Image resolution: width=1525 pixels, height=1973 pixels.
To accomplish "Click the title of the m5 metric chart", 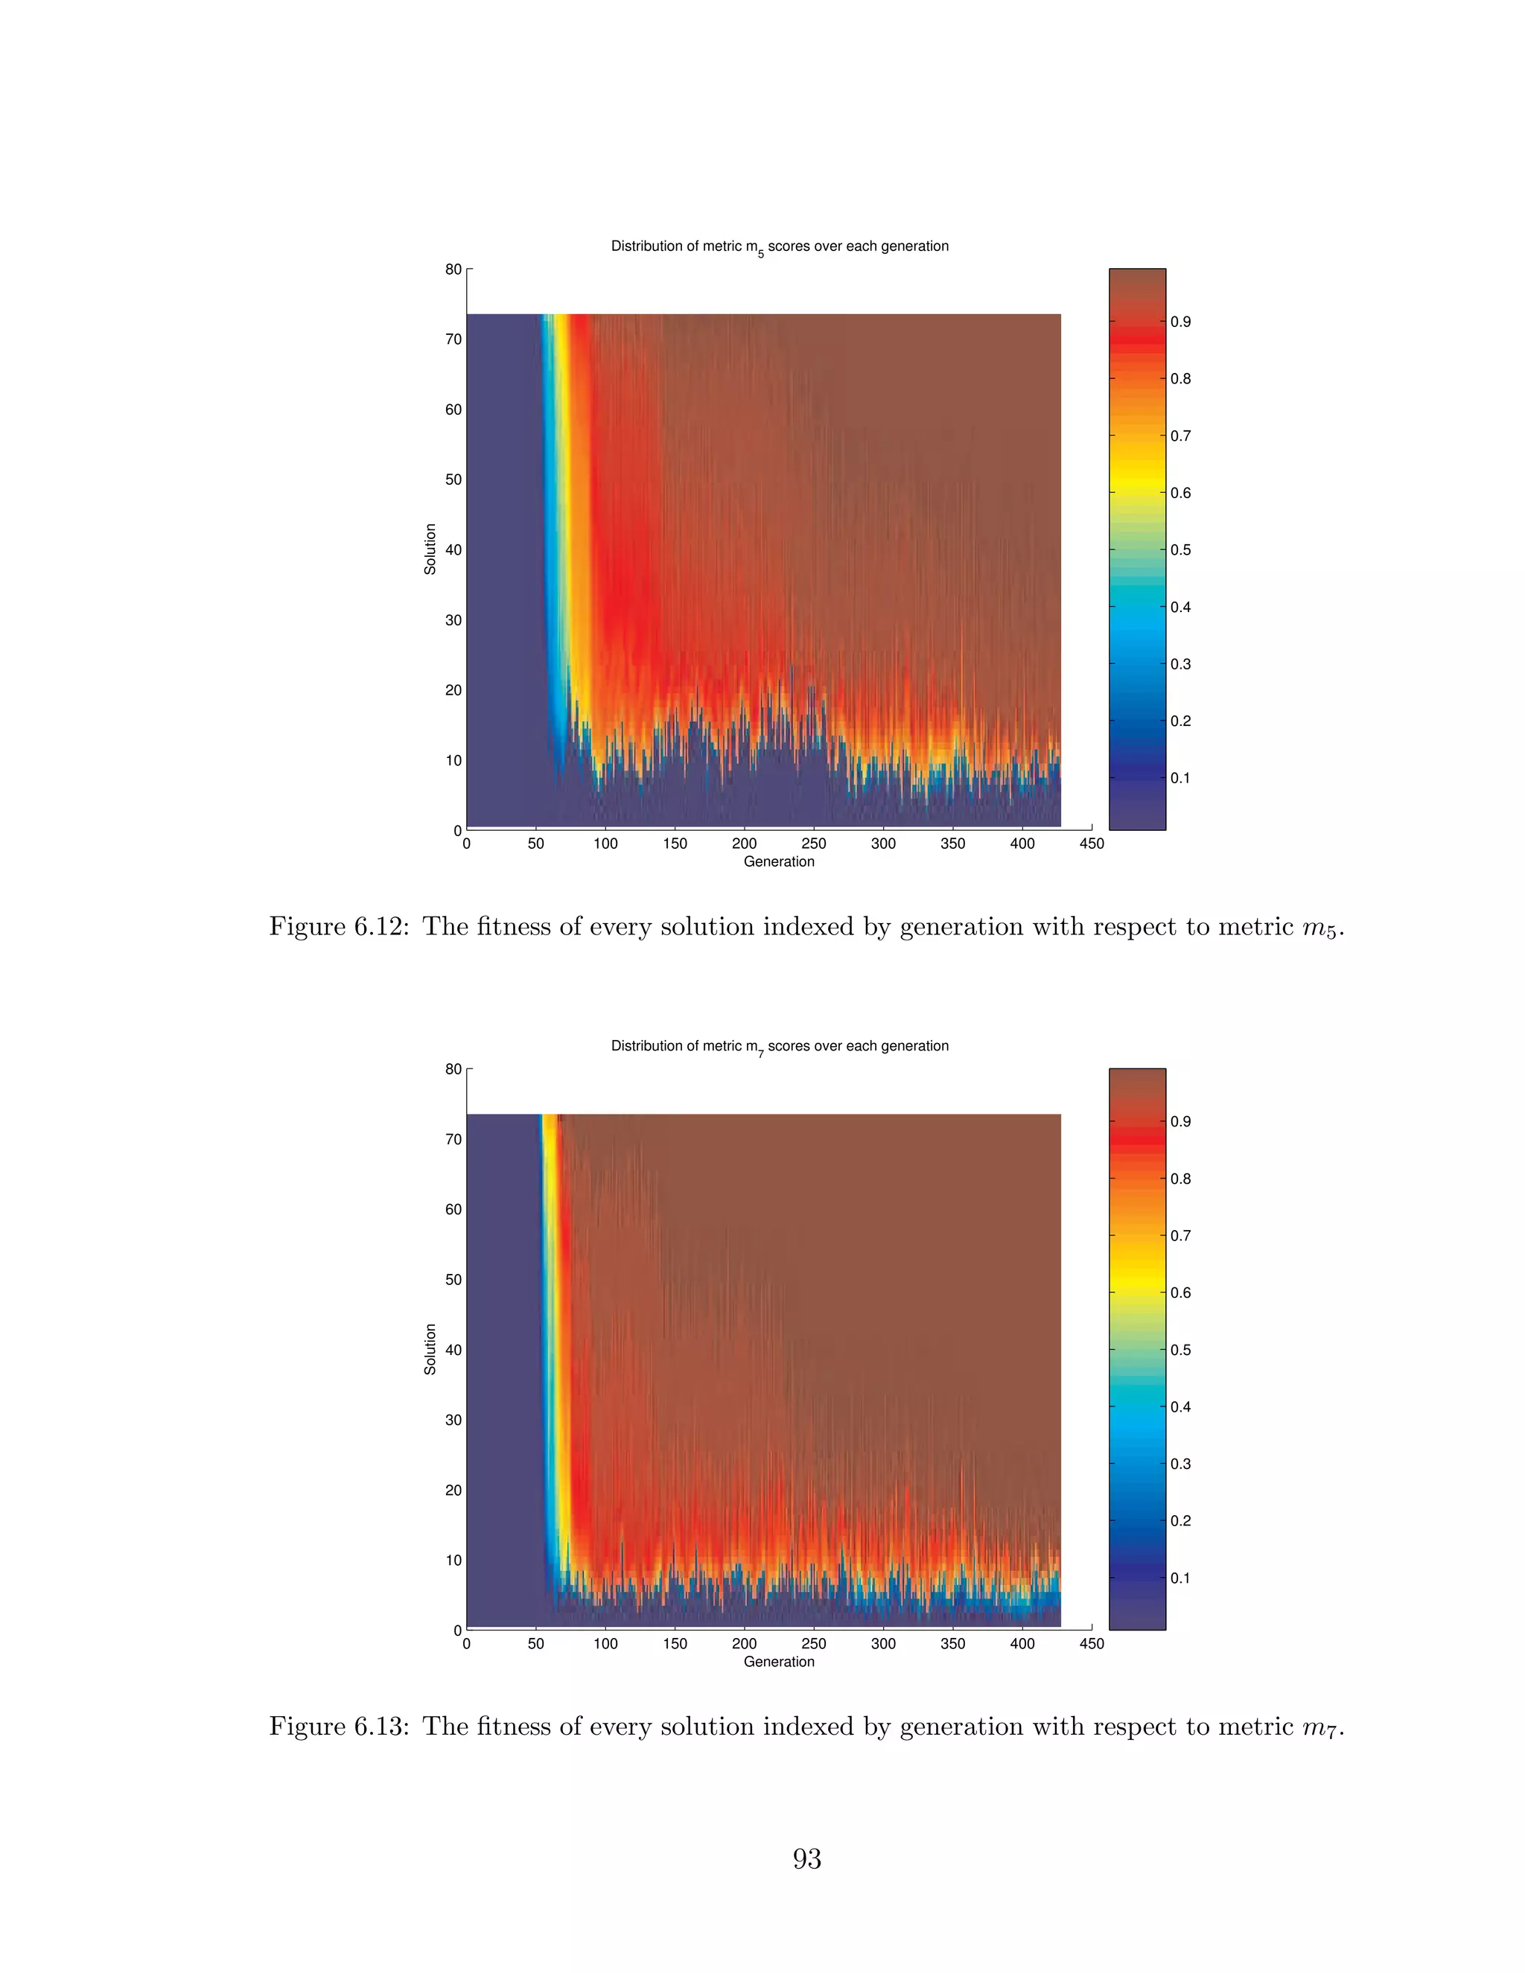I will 779,246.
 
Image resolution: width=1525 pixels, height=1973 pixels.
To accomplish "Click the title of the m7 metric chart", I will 779,1046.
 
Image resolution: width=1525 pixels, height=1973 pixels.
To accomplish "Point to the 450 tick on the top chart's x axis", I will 1092,844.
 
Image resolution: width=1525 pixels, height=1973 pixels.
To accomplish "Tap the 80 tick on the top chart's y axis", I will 453,270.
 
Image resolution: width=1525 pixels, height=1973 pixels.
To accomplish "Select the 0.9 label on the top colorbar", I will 1180,322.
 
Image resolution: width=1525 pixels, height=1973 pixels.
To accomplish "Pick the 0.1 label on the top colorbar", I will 1180,778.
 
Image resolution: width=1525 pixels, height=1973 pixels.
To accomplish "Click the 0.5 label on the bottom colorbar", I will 1180,1350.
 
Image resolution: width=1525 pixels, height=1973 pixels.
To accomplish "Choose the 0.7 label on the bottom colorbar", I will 1180,1236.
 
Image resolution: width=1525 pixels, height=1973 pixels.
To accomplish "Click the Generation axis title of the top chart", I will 779,862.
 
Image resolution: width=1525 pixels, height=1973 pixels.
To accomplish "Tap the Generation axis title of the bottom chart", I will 779,1661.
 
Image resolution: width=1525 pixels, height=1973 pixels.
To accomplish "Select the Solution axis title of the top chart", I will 430,549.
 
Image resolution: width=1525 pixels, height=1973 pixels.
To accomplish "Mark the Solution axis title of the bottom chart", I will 430,1349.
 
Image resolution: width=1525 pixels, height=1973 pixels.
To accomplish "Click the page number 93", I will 806,1859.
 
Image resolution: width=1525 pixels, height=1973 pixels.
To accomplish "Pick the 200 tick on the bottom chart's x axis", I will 744,1643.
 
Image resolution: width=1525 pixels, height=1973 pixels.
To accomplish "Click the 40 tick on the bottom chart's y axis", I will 453,1350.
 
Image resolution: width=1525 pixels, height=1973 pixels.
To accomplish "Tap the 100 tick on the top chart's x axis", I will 605,844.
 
